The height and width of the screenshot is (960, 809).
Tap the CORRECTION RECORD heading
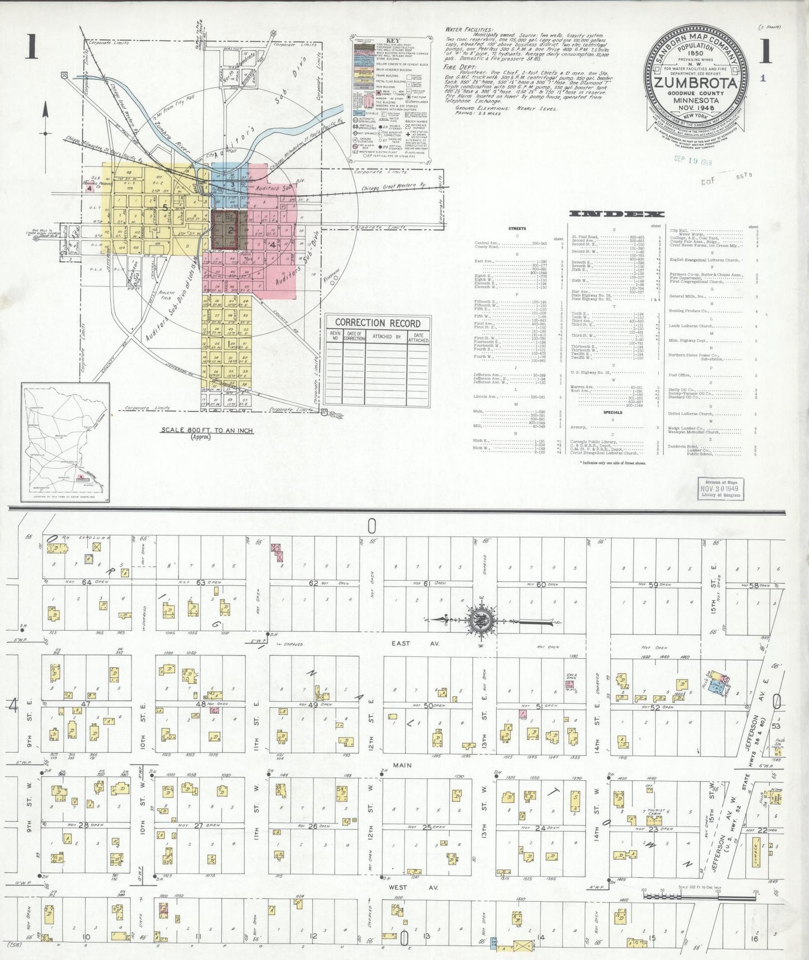(x=377, y=323)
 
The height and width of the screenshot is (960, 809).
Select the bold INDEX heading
(x=616, y=214)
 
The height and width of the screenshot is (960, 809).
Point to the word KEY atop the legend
(x=392, y=41)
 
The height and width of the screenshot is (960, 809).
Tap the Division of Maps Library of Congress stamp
(x=721, y=488)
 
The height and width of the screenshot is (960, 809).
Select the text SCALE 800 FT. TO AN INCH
(x=207, y=430)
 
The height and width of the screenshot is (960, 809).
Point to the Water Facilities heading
(x=469, y=30)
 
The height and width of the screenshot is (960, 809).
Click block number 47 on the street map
(x=86, y=703)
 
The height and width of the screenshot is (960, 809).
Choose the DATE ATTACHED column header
(x=418, y=337)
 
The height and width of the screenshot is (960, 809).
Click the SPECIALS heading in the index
(x=612, y=412)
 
